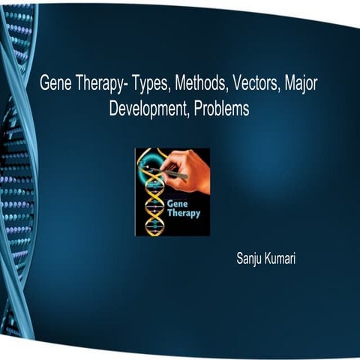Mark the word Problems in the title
pos(221,108)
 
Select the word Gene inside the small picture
pos(178,204)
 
